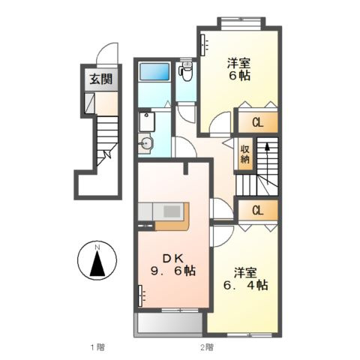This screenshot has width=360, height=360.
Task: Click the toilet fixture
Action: point(186,73)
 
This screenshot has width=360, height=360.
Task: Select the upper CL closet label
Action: point(256,121)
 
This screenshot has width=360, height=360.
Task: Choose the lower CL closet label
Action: point(256,210)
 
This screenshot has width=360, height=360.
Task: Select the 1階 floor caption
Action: point(96,346)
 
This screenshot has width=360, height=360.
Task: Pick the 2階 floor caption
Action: point(207,346)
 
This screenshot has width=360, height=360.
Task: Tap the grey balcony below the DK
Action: point(169,324)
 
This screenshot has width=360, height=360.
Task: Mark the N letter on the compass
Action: point(97,248)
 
